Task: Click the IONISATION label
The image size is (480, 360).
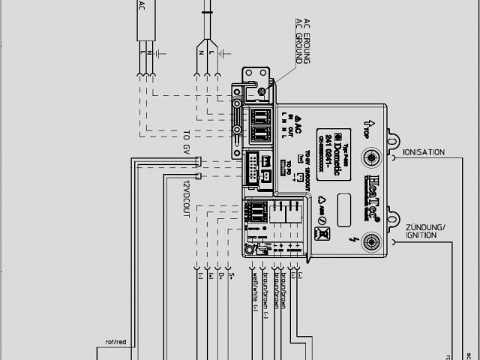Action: click(423, 152)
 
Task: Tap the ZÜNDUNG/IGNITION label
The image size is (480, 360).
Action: click(425, 230)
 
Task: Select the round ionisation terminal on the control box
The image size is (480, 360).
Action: click(371, 157)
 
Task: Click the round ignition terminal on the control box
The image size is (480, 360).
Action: click(371, 241)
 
